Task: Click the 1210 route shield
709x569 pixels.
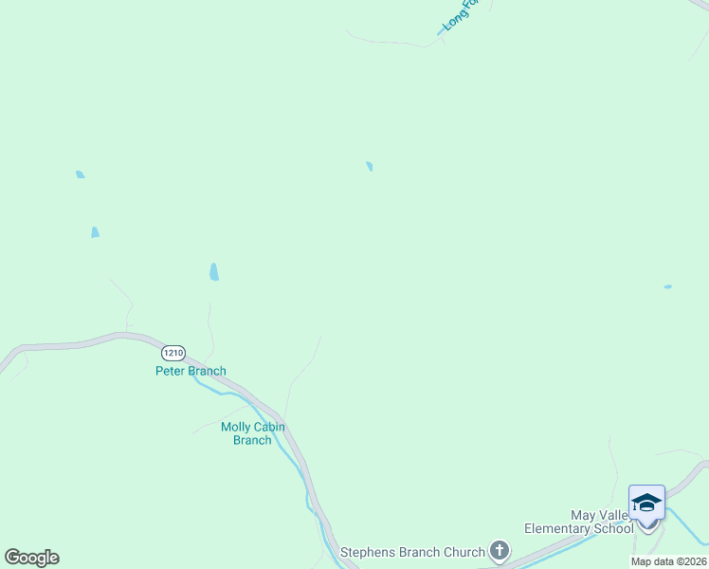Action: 173,352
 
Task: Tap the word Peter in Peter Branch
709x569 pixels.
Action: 172,371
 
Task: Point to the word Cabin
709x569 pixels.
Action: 269,427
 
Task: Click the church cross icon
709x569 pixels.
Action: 500,551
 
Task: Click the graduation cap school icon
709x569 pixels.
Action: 646,502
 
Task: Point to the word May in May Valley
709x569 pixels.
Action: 583,515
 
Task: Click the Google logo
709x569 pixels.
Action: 31,558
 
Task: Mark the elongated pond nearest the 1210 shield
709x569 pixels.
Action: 214,272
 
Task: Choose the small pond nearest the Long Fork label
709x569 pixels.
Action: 370,167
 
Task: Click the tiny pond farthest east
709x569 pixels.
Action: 668,286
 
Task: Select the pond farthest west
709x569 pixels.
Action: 80,174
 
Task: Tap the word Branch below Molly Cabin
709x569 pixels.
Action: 252,440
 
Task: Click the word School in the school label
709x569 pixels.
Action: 615,528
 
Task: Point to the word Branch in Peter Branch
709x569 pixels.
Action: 208,371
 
